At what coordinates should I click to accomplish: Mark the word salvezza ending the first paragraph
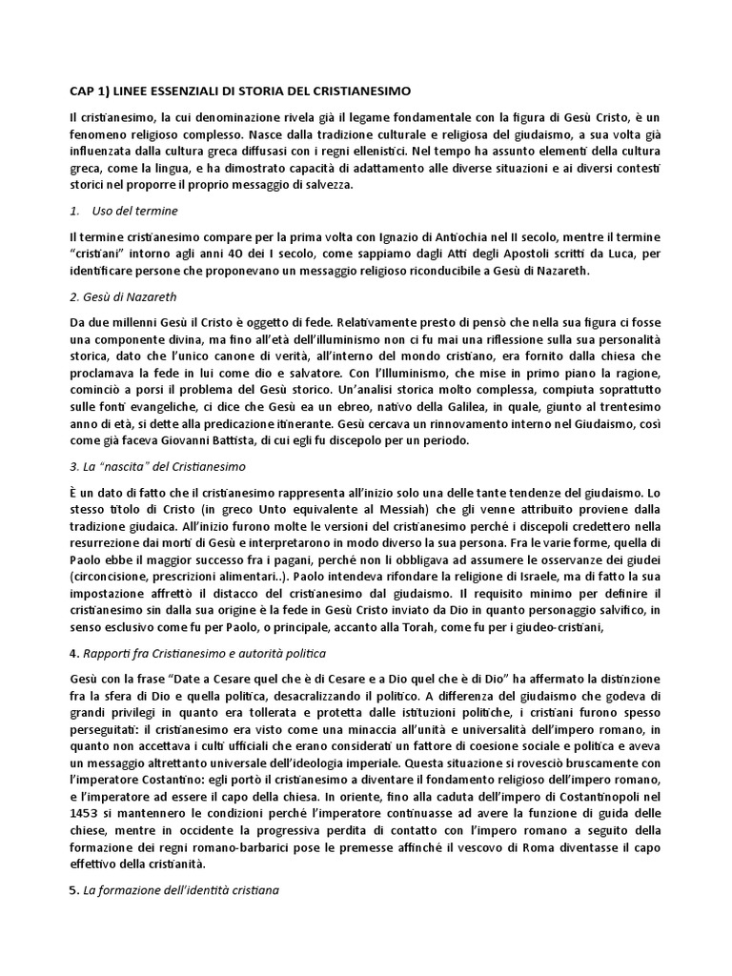[325, 184]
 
